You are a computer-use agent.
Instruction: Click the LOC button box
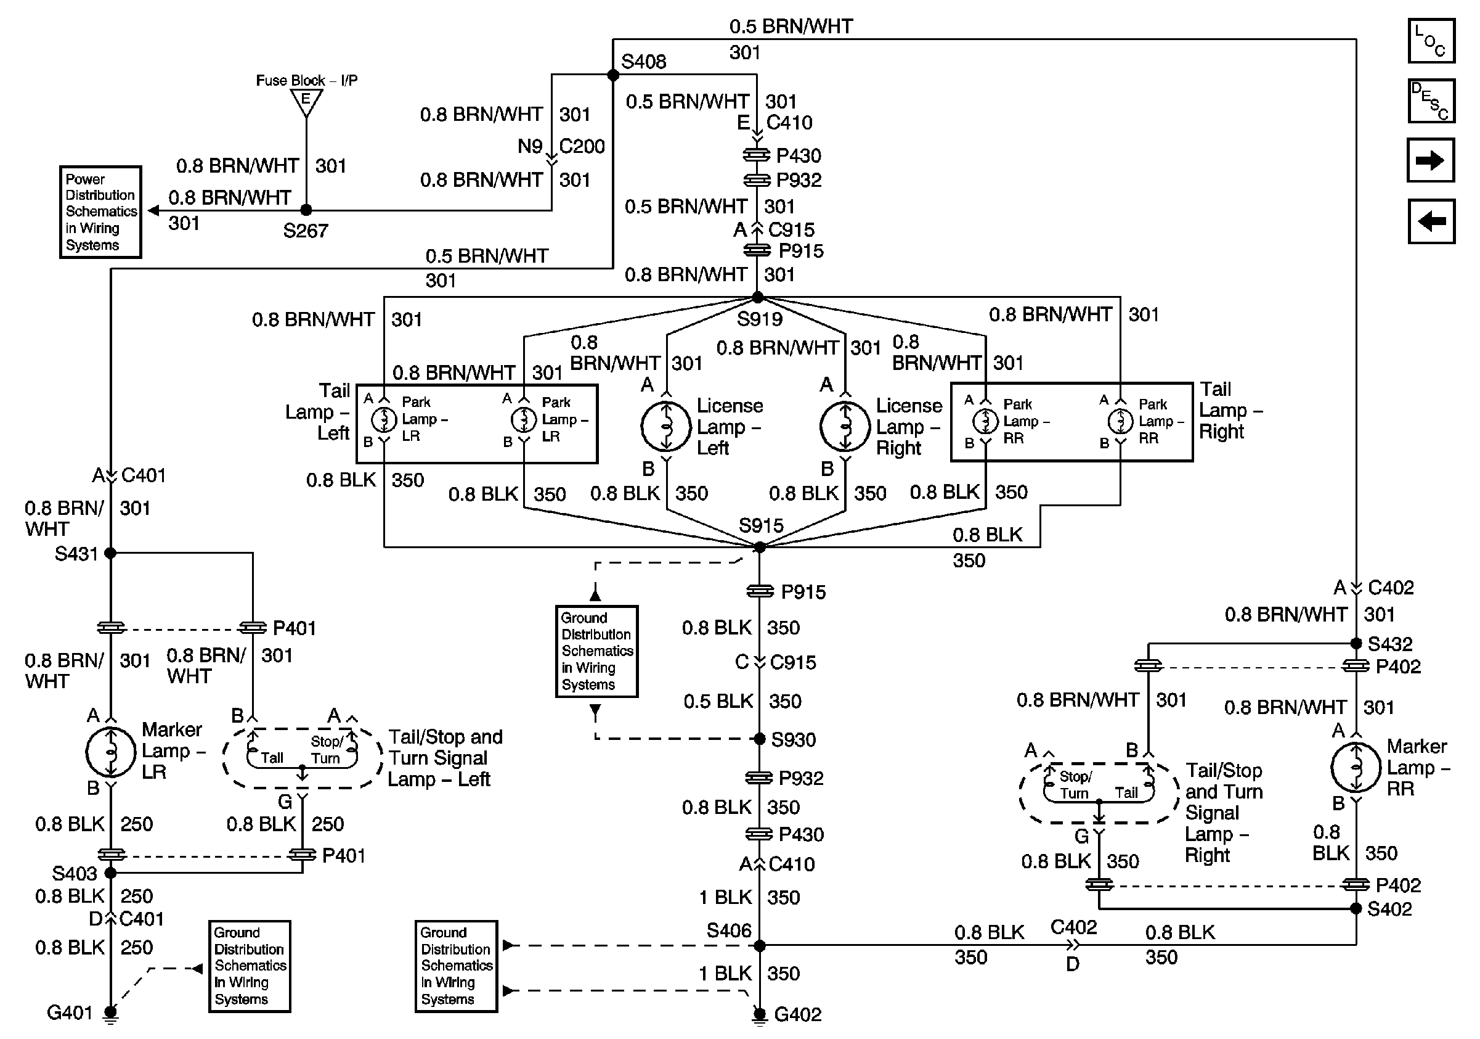(1431, 41)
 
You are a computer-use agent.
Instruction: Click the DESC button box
(1431, 101)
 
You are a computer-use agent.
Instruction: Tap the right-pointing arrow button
(1431, 160)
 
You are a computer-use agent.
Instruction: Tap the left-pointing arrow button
(1431, 221)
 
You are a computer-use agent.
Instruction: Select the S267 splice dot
(306, 210)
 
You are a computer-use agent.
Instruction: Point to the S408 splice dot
(613, 75)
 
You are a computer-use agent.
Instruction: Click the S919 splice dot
(758, 297)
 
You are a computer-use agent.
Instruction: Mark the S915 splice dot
(760, 547)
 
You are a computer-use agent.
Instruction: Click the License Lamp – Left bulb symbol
(667, 427)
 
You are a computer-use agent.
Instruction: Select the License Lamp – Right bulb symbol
(845, 427)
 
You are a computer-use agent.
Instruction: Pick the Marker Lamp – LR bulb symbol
(111, 752)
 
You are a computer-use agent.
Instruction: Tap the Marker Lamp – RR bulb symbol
(1356, 768)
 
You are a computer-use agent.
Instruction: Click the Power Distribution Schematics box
(100, 212)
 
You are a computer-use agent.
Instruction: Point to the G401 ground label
(70, 1013)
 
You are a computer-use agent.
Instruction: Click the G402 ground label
(797, 1014)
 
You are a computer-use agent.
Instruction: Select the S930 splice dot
(760, 739)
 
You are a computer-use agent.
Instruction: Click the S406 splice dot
(760, 945)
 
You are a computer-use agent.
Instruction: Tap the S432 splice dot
(1356, 644)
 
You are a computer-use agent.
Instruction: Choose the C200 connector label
(582, 146)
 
